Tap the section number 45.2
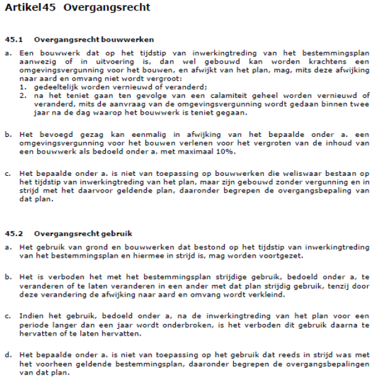pos(13,233)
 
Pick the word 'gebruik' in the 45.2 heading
pos(119,233)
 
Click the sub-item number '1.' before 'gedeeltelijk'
pos(22,87)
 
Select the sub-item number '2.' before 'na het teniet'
pos(22,95)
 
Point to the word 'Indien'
pos(30,315)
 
